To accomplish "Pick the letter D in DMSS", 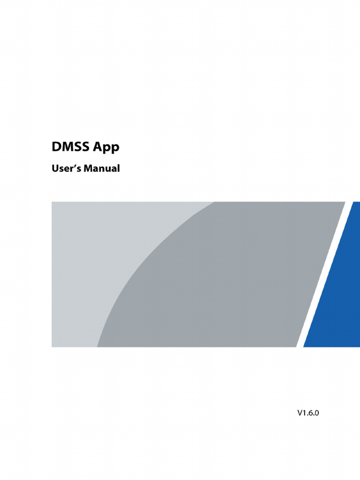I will click(x=56, y=147).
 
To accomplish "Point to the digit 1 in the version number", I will click(x=305, y=413).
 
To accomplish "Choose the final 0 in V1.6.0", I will click(x=321, y=413).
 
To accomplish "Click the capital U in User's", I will click(x=54, y=168).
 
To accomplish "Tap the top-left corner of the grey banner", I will click(x=52, y=202).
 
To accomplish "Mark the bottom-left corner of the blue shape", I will click(x=305, y=346).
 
